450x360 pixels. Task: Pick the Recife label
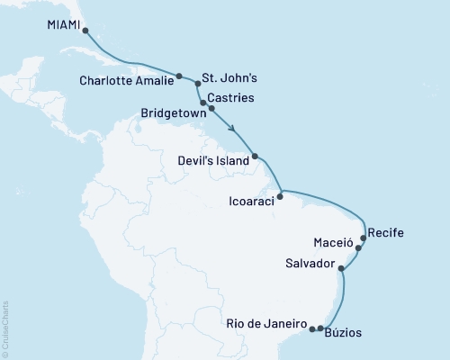[387, 233]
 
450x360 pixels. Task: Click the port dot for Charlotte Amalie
[179, 76]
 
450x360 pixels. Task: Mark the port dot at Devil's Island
[255, 157]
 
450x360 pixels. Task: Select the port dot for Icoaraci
[281, 193]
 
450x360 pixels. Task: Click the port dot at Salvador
[340, 267]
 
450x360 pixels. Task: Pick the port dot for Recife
[364, 238]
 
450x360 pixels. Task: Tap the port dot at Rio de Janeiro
[312, 328]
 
